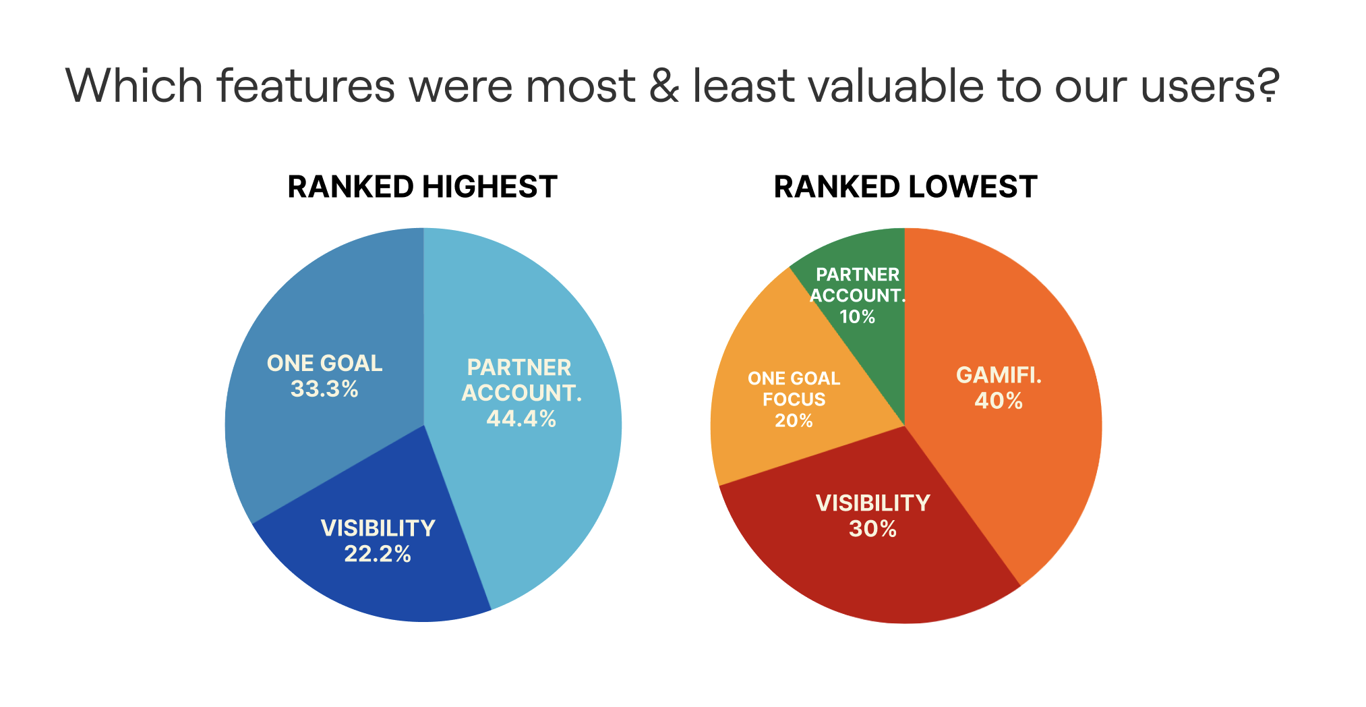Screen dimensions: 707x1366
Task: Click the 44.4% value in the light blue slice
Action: (x=521, y=419)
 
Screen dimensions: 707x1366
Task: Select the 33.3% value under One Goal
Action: (x=324, y=389)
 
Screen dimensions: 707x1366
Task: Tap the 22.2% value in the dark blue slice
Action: (x=378, y=554)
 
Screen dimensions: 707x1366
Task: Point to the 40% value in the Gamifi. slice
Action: (x=999, y=401)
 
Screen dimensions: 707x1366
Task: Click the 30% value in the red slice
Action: (x=872, y=529)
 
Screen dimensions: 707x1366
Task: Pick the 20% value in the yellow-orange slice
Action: (x=794, y=421)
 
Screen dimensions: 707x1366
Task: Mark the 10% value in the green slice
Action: (x=857, y=316)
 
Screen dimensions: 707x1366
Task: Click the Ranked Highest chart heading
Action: (x=422, y=187)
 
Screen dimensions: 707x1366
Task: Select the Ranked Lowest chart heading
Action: (x=905, y=187)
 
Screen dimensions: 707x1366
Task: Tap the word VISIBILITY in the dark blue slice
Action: (x=378, y=528)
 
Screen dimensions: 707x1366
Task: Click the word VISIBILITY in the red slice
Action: (x=872, y=503)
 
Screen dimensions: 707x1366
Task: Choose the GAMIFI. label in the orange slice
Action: (x=999, y=375)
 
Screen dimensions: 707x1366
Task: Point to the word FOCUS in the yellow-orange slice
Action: (x=794, y=399)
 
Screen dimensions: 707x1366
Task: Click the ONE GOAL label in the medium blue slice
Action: (x=324, y=364)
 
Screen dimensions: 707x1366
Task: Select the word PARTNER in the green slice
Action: (x=858, y=275)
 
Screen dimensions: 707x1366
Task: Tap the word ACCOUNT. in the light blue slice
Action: (x=521, y=393)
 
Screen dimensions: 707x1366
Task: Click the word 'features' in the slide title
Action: (x=305, y=86)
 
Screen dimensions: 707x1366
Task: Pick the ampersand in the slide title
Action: (x=664, y=86)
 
